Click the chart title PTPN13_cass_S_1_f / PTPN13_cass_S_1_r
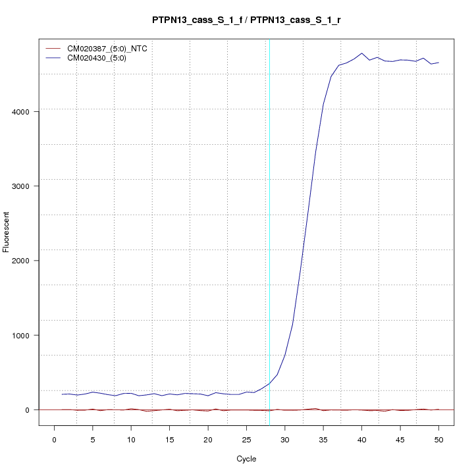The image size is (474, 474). (246, 20)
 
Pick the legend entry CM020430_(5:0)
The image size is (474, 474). (101, 58)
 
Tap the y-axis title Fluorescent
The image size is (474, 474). (7, 232)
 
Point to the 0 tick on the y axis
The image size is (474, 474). (28, 409)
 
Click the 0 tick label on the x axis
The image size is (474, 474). (54, 439)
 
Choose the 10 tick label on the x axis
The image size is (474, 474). (131, 439)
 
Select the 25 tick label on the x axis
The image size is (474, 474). (246, 439)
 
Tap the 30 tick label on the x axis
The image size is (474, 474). (284, 439)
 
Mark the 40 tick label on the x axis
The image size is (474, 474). (361, 439)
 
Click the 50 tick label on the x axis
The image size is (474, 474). (438, 439)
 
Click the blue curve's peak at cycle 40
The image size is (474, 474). (361, 53)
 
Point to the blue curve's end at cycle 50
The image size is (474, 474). (438, 63)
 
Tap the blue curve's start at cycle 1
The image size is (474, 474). (62, 394)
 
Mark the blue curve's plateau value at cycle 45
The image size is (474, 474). (400, 60)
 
